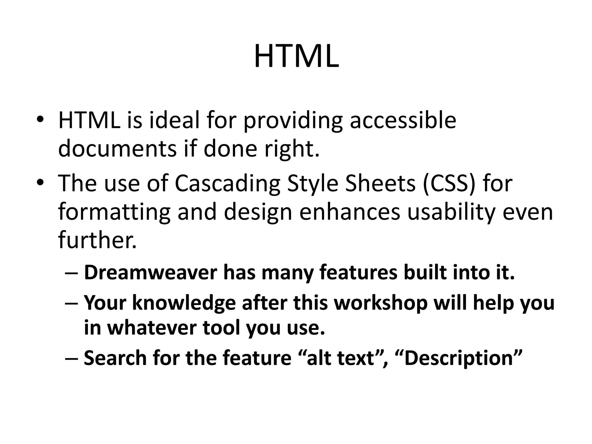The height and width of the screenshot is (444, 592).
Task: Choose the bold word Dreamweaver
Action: click(x=150, y=273)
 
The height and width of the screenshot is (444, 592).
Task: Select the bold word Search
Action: click(x=115, y=358)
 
